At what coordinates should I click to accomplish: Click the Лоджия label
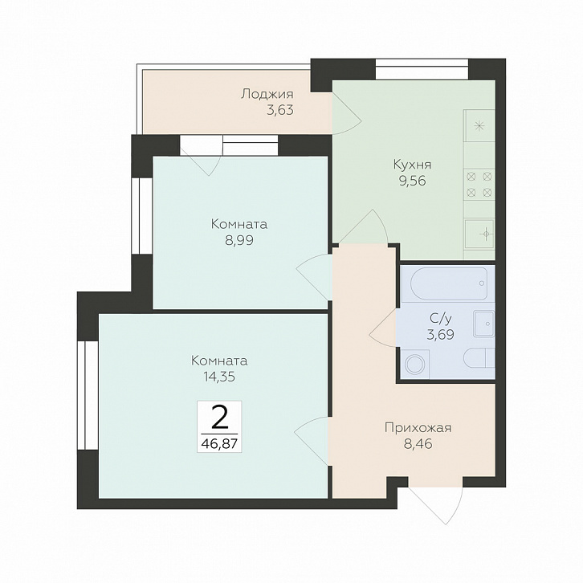[x=267, y=94]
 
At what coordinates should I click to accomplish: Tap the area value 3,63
[x=280, y=110]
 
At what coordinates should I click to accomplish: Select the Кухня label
[x=412, y=165]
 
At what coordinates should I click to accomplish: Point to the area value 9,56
[x=412, y=181]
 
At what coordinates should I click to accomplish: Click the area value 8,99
[x=239, y=240]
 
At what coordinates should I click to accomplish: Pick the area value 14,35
[x=219, y=377]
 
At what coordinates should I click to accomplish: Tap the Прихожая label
[x=418, y=428]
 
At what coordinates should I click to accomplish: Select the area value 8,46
[x=418, y=444]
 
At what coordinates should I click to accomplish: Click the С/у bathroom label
[x=441, y=318]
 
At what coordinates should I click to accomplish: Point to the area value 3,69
[x=441, y=335]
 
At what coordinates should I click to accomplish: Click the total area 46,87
[x=219, y=443]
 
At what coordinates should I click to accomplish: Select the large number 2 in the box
[x=219, y=418]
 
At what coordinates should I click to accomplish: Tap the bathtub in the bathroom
[x=449, y=283]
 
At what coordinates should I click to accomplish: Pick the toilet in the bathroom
[x=479, y=358]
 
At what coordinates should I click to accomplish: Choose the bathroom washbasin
[x=483, y=324]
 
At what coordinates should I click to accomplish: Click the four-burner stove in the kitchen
[x=479, y=185]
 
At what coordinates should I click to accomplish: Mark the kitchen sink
[x=479, y=234]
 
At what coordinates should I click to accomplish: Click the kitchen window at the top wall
[x=422, y=69]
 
